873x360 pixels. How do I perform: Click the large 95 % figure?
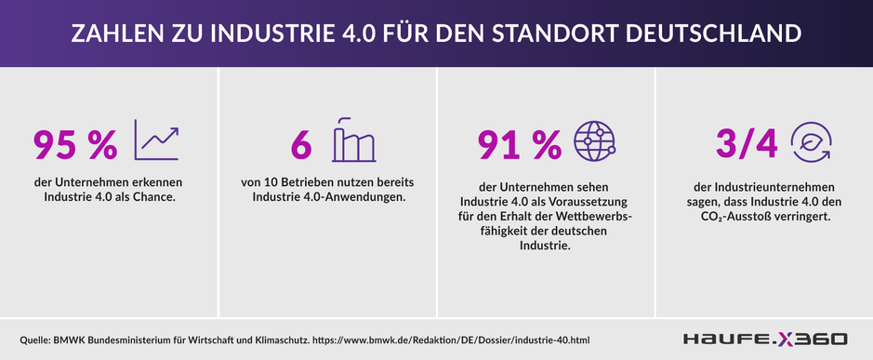pyautogui.click(x=75, y=144)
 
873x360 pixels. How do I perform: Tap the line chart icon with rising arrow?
pyautogui.click(x=157, y=140)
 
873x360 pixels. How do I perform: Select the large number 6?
pyautogui.click(x=300, y=144)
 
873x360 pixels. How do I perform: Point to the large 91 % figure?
pyautogui.click(x=520, y=144)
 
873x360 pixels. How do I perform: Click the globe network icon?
pyautogui.click(x=595, y=141)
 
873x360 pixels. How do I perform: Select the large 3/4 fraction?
pyautogui.click(x=746, y=144)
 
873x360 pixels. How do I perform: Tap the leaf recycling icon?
pyautogui.click(x=812, y=142)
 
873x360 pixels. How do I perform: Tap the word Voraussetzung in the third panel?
pyautogui.click(x=596, y=202)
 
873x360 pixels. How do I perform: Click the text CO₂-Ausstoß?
pyautogui.click(x=732, y=217)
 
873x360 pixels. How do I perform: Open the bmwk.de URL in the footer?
pyautogui.click(x=451, y=340)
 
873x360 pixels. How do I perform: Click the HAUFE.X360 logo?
pyautogui.click(x=765, y=339)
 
